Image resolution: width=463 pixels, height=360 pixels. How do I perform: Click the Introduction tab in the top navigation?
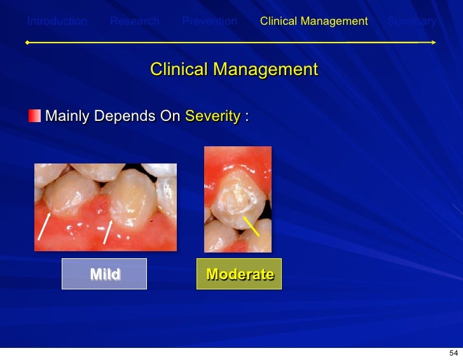pos(57,22)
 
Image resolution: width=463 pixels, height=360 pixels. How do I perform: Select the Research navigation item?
pos(134,22)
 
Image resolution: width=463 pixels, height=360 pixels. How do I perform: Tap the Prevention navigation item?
pos(209,22)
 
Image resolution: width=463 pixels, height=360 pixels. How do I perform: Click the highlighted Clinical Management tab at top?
pos(314,22)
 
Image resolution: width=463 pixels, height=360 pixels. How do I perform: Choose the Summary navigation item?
pos(412,22)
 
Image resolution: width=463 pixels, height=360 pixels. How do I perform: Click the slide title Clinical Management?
pos(233,69)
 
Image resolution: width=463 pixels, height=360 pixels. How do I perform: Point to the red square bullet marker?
pos(34,116)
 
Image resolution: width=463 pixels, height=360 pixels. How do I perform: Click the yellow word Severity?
pos(212,116)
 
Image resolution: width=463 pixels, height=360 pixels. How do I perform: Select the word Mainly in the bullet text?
pos(67,116)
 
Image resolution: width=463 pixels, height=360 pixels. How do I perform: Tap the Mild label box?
pos(104,274)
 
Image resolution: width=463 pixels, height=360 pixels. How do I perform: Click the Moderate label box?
pos(239,274)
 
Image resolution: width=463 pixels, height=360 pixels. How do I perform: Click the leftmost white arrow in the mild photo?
pos(44,226)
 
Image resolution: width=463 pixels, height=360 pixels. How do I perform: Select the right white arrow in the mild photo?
pos(108,232)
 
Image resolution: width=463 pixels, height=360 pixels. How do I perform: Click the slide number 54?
pos(453,353)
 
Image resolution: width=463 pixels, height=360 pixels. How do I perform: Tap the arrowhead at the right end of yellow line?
pos(434,43)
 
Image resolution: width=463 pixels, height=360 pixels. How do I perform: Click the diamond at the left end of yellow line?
pos(27,43)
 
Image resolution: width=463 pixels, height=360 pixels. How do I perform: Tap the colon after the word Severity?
pos(246,117)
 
